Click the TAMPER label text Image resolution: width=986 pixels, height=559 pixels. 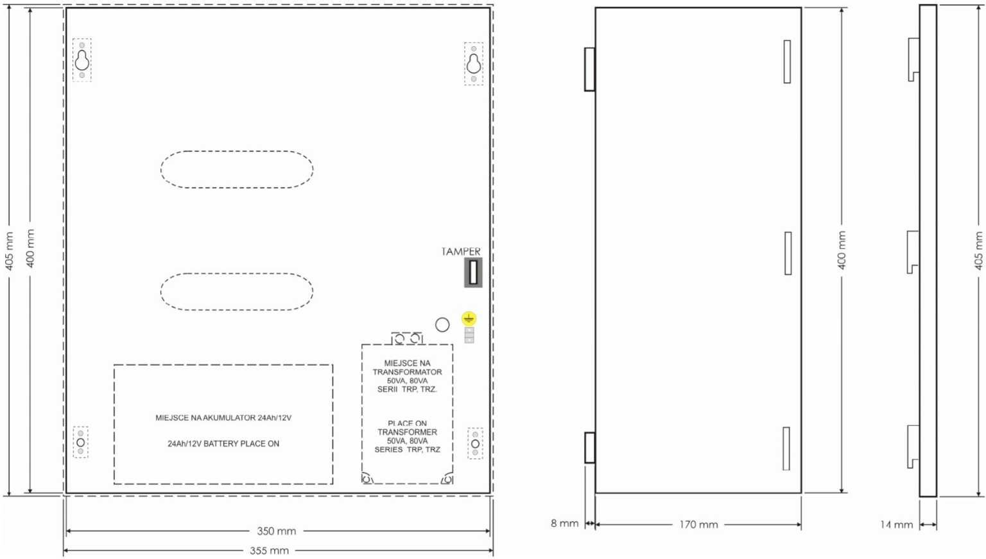(x=461, y=251)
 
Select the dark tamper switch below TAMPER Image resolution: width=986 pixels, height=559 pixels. (x=473, y=272)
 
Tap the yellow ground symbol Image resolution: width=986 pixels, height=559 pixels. (x=469, y=318)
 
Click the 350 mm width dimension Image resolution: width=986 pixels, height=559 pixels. (x=277, y=531)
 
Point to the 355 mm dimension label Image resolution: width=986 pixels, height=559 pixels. (x=270, y=551)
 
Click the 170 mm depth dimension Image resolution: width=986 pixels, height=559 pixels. (x=698, y=525)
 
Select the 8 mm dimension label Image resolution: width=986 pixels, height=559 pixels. (x=564, y=523)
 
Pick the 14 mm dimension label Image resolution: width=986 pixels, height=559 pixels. (x=897, y=525)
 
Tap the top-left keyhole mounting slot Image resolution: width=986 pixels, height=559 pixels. (x=82, y=60)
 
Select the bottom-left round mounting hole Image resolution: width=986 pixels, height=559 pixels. (x=80, y=442)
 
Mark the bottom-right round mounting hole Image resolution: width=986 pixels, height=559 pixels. (x=475, y=443)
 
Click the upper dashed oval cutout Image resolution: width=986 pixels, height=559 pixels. (x=237, y=151)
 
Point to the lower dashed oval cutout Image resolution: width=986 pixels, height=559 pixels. (x=237, y=274)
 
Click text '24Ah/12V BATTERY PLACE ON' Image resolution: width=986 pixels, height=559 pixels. (x=223, y=443)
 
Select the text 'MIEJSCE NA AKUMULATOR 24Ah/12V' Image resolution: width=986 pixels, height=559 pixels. (x=223, y=418)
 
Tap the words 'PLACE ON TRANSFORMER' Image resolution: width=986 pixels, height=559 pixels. (x=407, y=428)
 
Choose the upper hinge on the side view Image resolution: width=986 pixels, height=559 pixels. (x=590, y=69)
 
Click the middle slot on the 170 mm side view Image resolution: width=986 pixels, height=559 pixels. (x=788, y=253)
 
